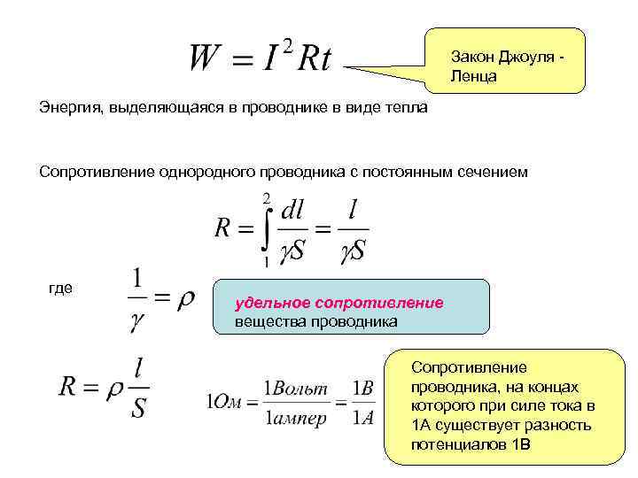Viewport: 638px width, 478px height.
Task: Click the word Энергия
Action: pos(70,109)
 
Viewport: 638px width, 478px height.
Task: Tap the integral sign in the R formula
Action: pos(263,228)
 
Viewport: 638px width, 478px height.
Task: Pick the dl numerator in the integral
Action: pos(292,212)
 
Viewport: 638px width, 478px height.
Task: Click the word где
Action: pos(60,288)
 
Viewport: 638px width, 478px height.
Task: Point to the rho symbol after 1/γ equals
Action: pos(186,300)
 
